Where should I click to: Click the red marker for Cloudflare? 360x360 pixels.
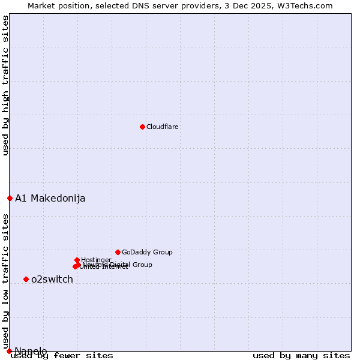[x=142, y=127]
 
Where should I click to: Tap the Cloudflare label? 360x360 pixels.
[x=163, y=127]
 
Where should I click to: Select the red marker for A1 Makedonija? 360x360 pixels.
[x=10, y=198]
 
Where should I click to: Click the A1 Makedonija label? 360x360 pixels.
[x=50, y=199]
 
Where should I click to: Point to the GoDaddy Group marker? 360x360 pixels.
[x=118, y=252]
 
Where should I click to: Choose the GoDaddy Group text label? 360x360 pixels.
[x=147, y=253]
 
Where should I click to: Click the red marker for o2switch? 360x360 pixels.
[x=26, y=279]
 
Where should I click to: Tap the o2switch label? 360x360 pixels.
[x=52, y=280]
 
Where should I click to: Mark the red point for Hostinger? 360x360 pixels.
[x=77, y=260]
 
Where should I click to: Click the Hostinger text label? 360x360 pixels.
[x=96, y=260]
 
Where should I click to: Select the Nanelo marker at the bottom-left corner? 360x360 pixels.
[x=9, y=351]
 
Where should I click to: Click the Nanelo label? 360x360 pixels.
[x=31, y=351]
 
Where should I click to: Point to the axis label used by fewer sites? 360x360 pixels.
[x=62, y=356]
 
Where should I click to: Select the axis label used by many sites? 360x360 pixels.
[x=301, y=356]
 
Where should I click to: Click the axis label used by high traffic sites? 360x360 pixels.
[x=5, y=85]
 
